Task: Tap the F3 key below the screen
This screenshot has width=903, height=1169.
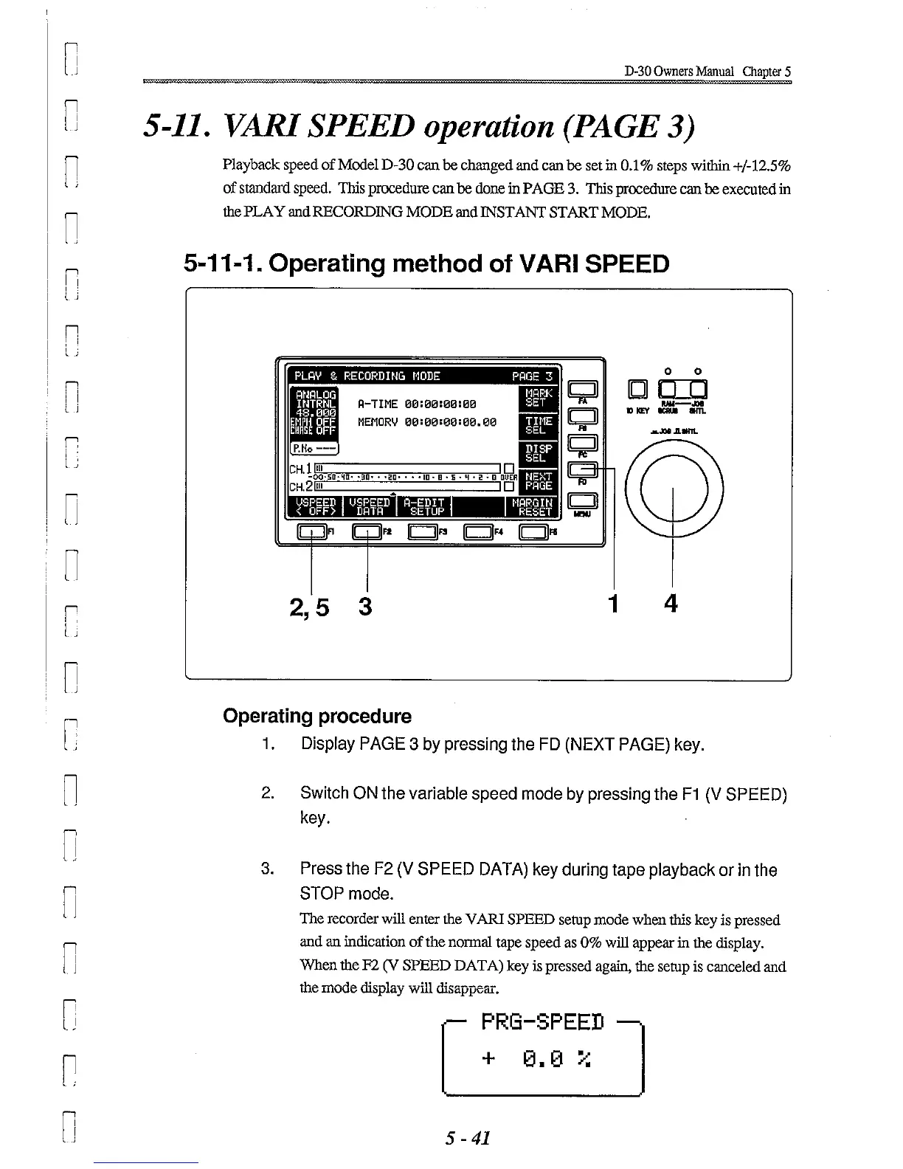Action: tap(423, 532)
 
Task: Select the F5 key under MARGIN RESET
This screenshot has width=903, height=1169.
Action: tap(533, 532)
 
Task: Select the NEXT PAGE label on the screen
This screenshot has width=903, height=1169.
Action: tap(538, 481)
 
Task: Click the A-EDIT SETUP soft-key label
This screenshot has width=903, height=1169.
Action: tap(426, 506)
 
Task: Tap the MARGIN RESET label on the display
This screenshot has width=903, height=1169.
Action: tap(535, 506)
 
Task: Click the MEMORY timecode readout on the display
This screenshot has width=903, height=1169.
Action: tap(426, 422)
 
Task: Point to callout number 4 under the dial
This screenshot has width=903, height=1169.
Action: tap(671, 604)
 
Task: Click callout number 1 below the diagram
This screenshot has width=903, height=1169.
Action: tap(612, 604)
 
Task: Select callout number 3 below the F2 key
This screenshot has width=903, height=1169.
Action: tap(365, 607)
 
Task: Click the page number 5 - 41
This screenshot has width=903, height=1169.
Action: tap(468, 1137)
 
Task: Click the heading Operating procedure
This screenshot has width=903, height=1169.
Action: tap(317, 716)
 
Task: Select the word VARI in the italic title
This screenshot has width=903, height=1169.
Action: tap(224, 127)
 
